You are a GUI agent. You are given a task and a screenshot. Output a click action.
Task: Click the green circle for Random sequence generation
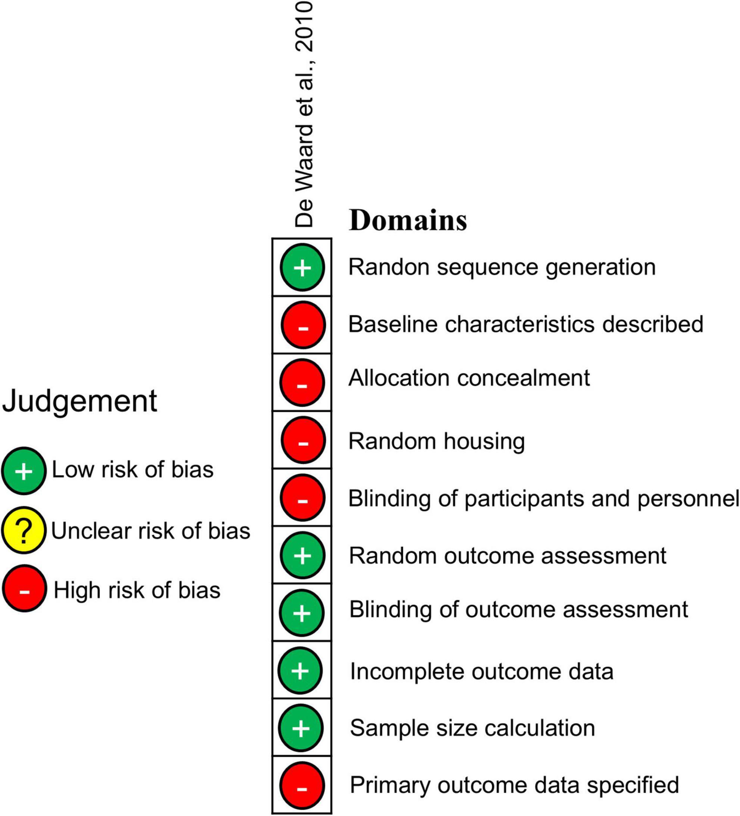point(302,267)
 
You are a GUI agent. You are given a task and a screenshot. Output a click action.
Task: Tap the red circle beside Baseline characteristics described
point(303,324)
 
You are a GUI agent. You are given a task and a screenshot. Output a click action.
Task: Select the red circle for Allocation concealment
point(302,383)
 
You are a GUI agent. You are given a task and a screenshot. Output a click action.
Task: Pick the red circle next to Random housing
point(303,440)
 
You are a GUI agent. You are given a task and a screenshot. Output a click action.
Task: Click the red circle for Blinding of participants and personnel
point(303,498)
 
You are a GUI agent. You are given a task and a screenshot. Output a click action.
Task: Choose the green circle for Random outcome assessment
point(302,555)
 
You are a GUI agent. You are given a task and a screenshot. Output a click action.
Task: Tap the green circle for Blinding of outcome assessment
point(302,613)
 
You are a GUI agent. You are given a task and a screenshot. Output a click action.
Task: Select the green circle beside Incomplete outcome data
point(300,670)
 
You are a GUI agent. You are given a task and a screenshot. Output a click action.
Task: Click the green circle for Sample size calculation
point(301,728)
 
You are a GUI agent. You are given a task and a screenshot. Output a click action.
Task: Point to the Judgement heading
point(79,401)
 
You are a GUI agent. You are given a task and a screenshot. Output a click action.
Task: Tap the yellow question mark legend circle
point(24,530)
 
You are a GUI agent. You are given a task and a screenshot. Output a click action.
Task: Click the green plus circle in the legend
point(24,471)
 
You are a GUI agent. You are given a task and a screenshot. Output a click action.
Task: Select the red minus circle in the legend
point(24,589)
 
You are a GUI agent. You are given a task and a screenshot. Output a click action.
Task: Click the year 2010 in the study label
point(305,26)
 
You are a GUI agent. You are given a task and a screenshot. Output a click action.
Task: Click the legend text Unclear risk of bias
point(151,531)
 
